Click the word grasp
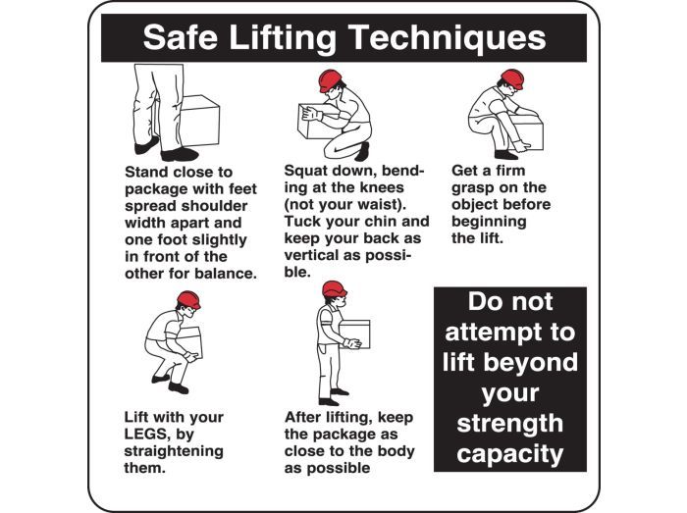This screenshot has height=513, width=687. coord(475,188)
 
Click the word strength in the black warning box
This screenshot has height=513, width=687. coord(510,423)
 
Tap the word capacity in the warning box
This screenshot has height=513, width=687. coord(510,454)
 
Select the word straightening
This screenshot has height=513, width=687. coord(174,451)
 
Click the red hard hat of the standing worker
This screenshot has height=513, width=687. coord(335,289)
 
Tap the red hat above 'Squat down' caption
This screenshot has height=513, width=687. coord(330,80)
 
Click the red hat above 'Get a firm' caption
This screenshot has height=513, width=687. coord(512,78)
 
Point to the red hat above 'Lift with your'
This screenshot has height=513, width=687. coord(188,300)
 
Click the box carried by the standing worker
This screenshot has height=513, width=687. coord(355,333)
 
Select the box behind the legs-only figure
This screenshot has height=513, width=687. coord(199,121)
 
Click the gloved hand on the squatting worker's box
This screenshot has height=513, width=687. coord(311,114)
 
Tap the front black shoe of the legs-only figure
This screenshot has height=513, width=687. coord(180,154)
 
